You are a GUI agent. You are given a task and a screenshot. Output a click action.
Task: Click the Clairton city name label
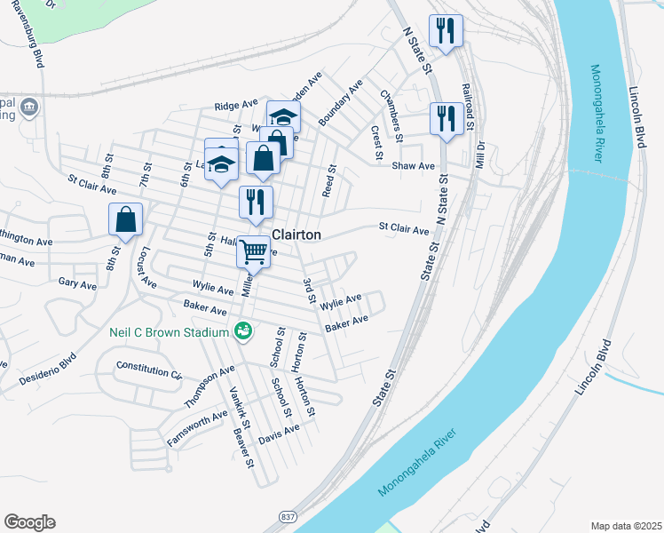[x=295, y=235]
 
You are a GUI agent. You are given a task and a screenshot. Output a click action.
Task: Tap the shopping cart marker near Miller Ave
[x=253, y=252]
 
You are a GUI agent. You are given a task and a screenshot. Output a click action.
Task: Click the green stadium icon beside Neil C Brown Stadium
[x=242, y=332]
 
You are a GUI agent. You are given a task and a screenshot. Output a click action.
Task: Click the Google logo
[x=29, y=522]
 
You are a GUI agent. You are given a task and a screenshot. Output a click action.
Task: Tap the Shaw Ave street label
[x=414, y=166]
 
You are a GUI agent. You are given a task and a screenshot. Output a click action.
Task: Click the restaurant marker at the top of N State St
[x=445, y=32]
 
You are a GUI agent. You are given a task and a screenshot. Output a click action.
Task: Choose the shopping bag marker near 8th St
[x=125, y=219]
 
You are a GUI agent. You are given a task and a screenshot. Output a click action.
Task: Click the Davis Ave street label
[x=279, y=434]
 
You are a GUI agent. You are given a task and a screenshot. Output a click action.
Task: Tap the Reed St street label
[x=329, y=180]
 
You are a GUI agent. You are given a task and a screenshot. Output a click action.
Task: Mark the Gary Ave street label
[x=76, y=285]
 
